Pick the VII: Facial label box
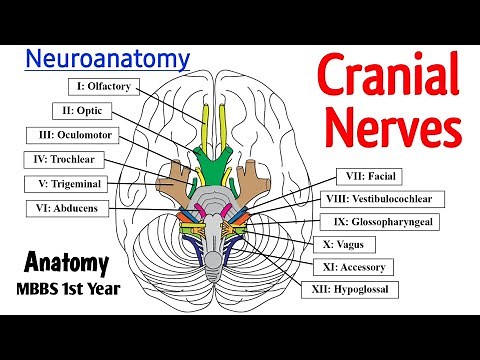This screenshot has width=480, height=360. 370,177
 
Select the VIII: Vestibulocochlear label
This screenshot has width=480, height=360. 386,199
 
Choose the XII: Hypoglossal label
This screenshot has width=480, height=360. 350,291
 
